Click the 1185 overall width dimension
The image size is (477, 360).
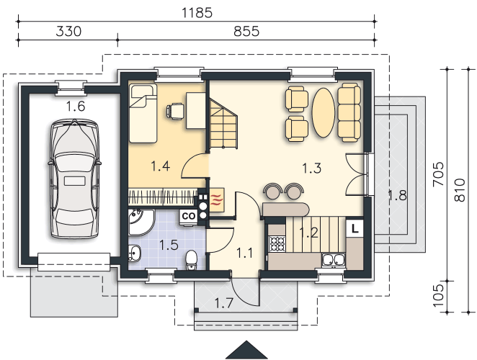197,13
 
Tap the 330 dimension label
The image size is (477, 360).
68,31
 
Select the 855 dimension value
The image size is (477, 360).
246,31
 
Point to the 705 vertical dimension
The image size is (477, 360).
438,174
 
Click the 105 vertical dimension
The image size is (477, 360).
438,296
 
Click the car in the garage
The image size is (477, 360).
75,179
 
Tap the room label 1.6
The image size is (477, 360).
76,107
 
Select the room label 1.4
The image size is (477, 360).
160,166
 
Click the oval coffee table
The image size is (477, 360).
324,112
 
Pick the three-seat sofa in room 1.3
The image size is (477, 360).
349,112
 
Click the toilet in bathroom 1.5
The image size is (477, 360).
192,260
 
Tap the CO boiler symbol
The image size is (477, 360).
188,216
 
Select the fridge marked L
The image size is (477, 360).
355,228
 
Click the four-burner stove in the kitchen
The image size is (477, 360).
277,244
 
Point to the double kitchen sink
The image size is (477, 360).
333,261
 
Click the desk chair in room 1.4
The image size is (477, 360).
175,111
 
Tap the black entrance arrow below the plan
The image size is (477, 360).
246,350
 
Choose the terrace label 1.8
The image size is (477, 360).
397,195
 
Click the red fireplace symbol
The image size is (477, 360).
217,199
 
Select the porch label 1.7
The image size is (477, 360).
224,303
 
